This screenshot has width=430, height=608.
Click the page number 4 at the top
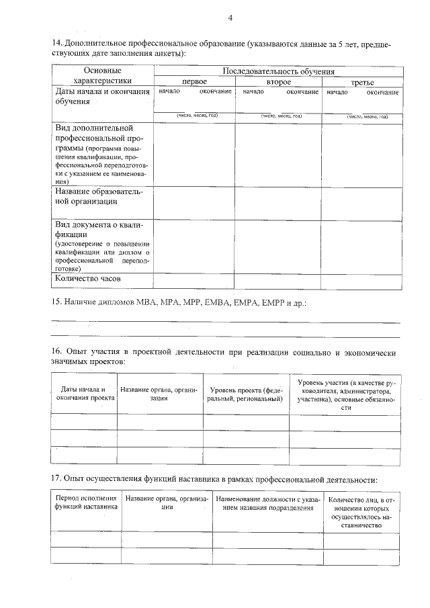230,17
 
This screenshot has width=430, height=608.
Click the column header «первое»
194,81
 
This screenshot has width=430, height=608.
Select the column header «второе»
278,81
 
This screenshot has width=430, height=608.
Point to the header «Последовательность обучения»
278,71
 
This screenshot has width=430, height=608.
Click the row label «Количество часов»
88,279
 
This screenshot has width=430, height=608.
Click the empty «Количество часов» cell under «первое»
194,280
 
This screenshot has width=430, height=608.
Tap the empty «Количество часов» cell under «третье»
361,280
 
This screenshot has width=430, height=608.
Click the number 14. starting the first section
58,44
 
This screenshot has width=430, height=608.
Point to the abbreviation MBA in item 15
145,303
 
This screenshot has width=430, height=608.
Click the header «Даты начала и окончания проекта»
84,394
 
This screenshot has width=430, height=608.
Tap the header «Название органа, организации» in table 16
159,394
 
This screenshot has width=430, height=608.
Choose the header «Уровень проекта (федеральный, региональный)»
246,394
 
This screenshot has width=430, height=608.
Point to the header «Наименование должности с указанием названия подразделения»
269,503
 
